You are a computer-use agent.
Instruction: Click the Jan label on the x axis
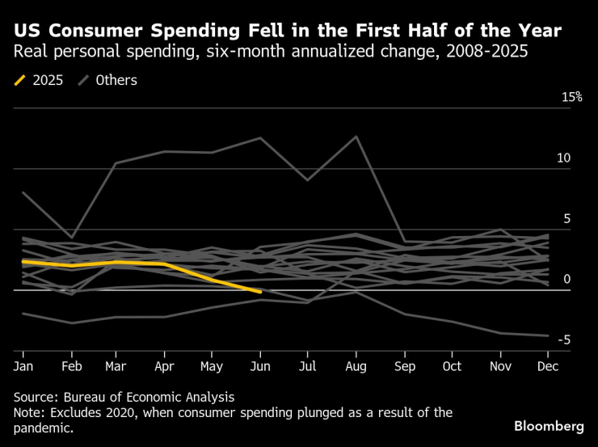(23, 366)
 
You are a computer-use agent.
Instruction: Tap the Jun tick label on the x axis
(259, 366)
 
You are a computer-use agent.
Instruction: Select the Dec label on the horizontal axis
(548, 366)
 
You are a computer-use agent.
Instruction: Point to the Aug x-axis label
(356, 366)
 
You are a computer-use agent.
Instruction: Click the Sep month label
(405, 366)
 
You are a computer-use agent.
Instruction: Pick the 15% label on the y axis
(571, 97)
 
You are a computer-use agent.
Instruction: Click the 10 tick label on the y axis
(563, 158)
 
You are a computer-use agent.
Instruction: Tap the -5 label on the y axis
(566, 339)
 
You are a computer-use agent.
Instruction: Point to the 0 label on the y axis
(567, 279)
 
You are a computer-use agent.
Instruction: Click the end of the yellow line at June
(259, 292)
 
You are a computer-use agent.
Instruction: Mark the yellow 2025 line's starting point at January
(23, 261)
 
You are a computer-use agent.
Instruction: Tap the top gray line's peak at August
(356, 136)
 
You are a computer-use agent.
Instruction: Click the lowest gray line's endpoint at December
(549, 335)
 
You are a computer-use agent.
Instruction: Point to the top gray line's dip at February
(72, 238)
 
